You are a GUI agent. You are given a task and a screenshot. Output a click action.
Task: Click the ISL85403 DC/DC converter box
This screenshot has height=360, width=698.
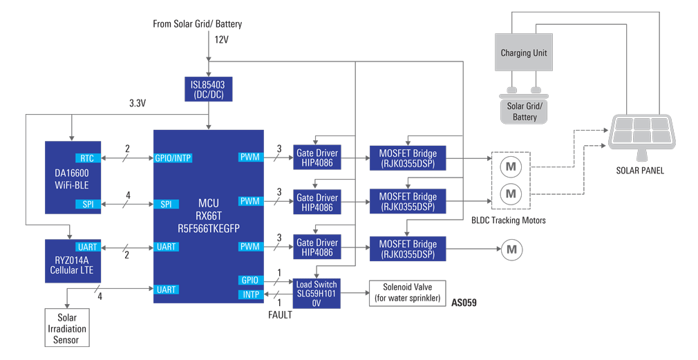[x=208, y=89]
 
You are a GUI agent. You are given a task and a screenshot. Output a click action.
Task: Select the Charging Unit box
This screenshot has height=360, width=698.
[x=524, y=53]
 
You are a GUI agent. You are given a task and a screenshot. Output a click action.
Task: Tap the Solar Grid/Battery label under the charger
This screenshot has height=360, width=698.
[x=525, y=111]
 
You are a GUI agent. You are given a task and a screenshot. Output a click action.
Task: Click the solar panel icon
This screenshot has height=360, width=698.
[x=641, y=132]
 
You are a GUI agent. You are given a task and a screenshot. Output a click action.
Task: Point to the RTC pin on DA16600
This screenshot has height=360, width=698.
[x=87, y=158]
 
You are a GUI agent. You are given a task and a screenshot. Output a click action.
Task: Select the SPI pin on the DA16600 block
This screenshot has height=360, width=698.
[x=87, y=204]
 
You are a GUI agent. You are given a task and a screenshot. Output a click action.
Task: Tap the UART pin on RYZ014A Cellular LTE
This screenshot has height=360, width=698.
[x=87, y=247]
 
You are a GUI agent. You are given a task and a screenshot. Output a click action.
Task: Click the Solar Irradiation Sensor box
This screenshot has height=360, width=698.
[x=66, y=329]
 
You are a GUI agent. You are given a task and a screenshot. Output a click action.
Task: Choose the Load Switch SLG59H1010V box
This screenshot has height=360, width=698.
[x=317, y=294]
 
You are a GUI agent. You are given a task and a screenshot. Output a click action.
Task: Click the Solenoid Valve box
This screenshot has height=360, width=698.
[x=408, y=293]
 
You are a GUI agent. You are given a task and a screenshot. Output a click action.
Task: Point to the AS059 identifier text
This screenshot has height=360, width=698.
[x=464, y=303]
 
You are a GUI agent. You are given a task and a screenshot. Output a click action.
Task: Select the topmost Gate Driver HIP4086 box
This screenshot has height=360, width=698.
[x=317, y=158]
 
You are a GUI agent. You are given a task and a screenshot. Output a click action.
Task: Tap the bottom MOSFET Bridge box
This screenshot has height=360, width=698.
[x=408, y=249]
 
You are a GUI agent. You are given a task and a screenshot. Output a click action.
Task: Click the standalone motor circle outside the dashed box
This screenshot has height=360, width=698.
[x=511, y=249]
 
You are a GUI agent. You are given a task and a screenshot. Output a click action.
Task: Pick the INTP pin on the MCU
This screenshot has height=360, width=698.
[x=249, y=295]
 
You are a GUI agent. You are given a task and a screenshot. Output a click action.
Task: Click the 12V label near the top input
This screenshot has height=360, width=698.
[x=221, y=39]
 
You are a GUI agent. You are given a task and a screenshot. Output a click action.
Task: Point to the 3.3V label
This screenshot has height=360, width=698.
[x=138, y=104]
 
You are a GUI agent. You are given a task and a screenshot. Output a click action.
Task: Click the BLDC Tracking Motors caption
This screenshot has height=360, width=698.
[x=508, y=220]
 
